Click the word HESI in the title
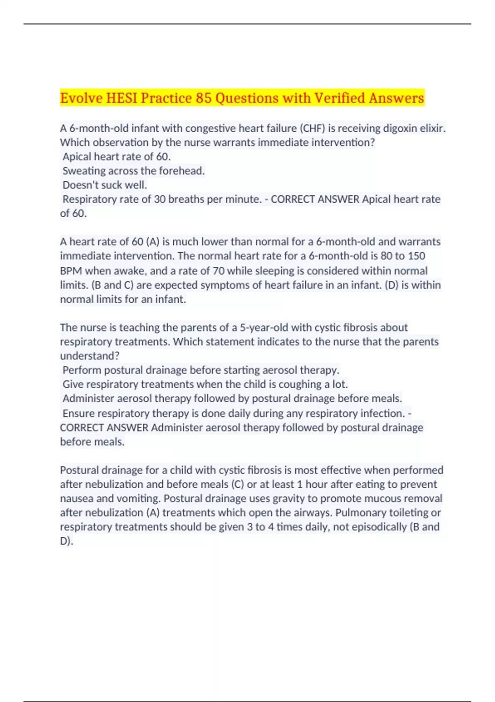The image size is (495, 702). click(122, 98)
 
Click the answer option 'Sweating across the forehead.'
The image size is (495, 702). click(134, 171)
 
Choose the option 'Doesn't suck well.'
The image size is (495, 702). click(105, 185)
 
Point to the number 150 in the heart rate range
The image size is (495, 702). click(416, 256)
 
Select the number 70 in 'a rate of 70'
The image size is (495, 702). click(219, 271)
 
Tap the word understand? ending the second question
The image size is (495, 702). click(90, 356)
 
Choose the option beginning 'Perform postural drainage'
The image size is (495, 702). click(201, 370)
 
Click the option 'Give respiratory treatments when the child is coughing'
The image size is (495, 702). click(205, 384)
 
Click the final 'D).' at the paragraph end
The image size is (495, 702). click(66, 541)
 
